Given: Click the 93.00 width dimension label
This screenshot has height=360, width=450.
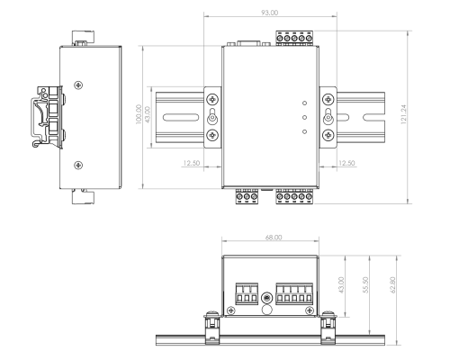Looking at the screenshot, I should tap(268, 13).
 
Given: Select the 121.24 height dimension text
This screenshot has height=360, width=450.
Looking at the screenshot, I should tap(409, 118).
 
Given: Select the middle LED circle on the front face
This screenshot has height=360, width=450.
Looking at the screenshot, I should tap(306, 117).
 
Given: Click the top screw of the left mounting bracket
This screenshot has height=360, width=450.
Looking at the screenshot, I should tap(212, 99).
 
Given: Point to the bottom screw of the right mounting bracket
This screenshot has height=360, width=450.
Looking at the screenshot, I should tap(328, 136).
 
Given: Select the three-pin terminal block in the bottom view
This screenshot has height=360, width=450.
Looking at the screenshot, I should tap(247, 294).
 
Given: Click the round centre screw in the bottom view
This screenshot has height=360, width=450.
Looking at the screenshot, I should tap(266, 298).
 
